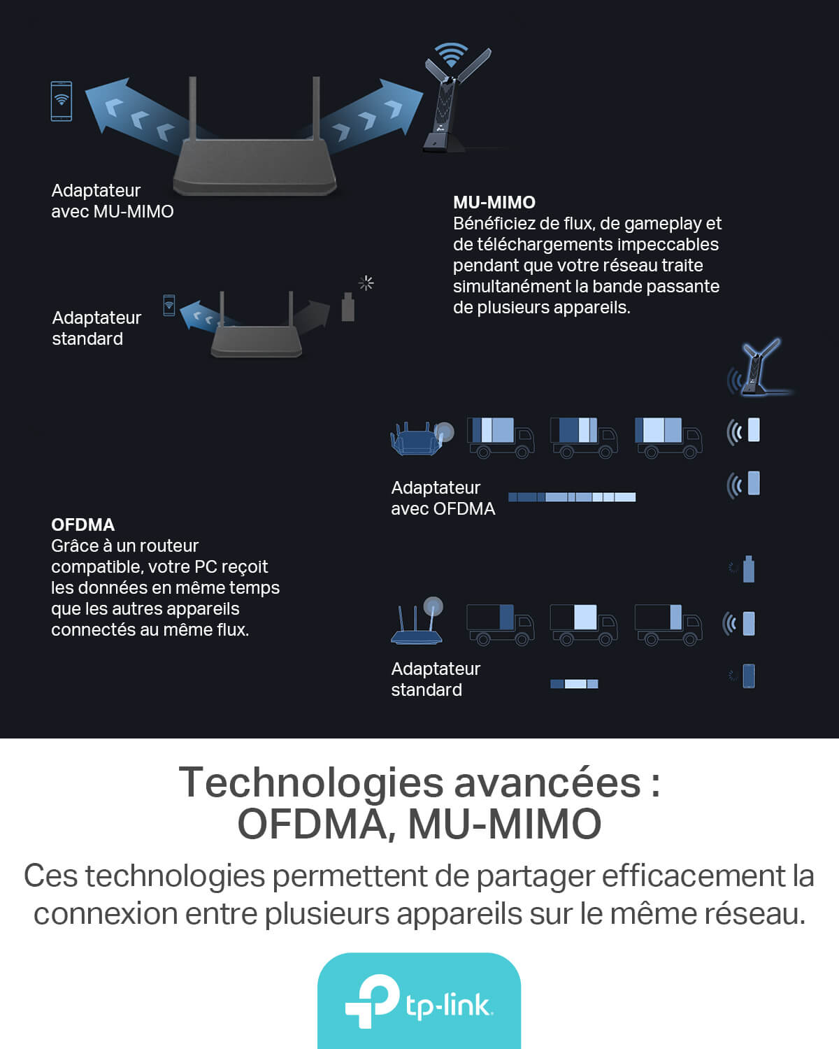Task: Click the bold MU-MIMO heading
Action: [494, 202]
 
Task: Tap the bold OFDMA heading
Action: [83, 524]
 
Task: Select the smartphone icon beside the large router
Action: [62, 101]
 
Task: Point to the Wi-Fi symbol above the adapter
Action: [451, 54]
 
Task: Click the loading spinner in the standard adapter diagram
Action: [366, 283]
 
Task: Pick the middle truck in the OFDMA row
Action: [584, 438]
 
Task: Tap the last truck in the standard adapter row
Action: [668, 625]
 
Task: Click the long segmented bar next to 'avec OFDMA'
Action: [572, 497]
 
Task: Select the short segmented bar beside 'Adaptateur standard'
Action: [574, 684]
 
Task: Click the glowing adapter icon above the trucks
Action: [759, 367]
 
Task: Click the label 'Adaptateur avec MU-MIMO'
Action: [112, 201]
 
